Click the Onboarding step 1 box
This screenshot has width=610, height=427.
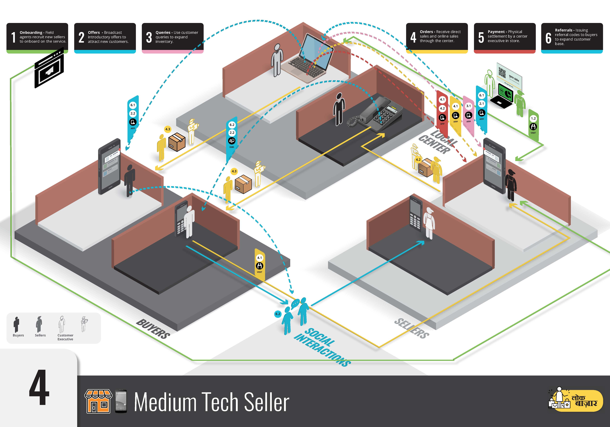[37, 37]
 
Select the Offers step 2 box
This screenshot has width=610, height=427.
[105, 37]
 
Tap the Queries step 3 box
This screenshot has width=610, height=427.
[173, 37]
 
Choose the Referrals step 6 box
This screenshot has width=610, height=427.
[572, 37]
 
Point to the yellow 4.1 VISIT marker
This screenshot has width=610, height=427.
[260, 264]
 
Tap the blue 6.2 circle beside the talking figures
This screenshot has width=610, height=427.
[278, 314]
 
